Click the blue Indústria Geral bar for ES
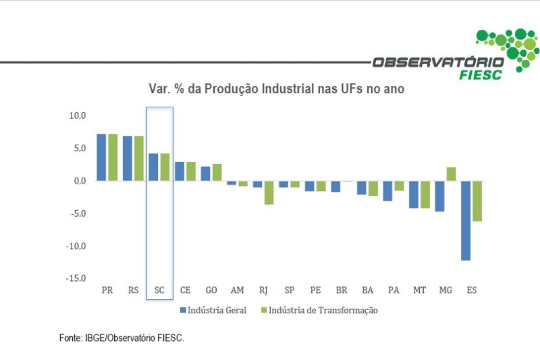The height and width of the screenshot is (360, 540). point(466,220)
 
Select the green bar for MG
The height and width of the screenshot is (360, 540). point(451,174)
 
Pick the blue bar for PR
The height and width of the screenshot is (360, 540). point(101,157)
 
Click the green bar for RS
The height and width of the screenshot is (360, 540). point(139,158)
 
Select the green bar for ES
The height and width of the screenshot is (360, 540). point(477,201)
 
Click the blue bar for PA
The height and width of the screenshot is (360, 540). point(387,191)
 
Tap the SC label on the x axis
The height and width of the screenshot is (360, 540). point(159,290)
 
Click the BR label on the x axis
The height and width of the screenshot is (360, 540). point(342,290)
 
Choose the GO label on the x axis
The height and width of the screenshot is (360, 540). point(211,290)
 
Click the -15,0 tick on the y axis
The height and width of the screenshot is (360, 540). point(76,278)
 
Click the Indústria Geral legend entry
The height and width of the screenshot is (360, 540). point(213,310)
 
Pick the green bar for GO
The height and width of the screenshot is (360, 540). point(217,172)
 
